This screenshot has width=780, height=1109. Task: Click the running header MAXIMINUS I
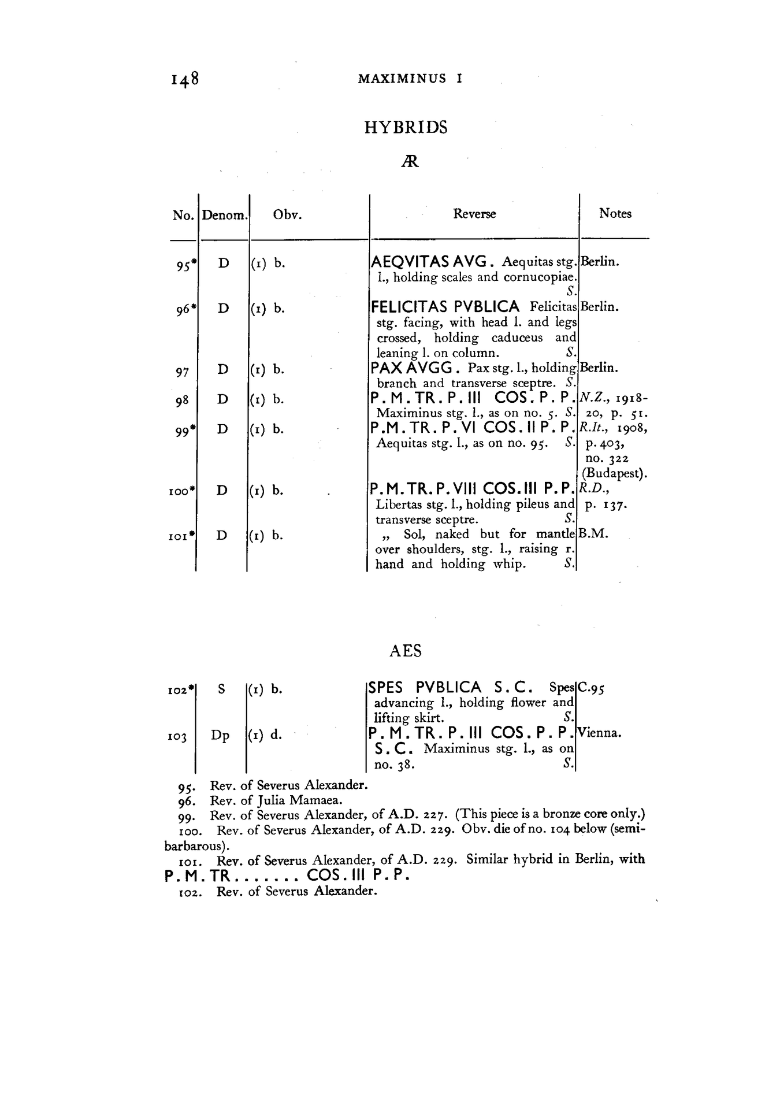(410, 79)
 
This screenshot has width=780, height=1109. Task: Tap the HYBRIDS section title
(406, 127)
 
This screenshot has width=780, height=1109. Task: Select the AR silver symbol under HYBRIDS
(409, 162)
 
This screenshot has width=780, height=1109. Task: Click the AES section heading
(406, 651)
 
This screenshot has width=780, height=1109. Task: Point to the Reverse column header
(474, 214)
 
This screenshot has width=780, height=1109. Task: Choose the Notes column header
(615, 213)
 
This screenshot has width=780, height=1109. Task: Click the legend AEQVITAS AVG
(431, 261)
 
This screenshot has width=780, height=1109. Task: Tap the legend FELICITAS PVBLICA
(445, 307)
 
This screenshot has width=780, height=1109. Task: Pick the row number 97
(182, 372)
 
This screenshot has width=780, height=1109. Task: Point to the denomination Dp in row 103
(220, 736)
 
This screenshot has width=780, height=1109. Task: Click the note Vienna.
(600, 733)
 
